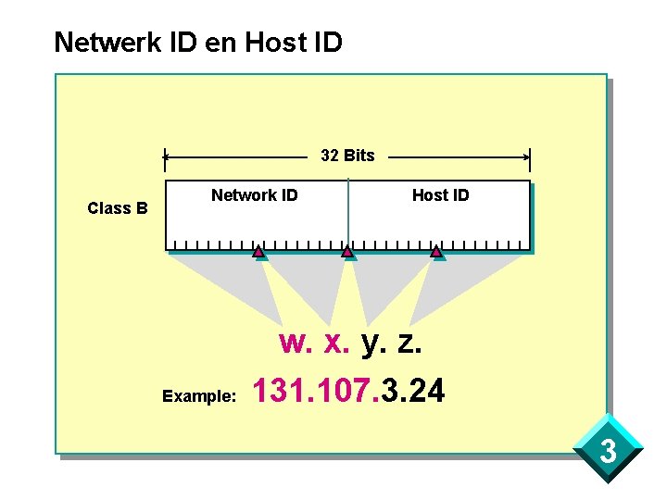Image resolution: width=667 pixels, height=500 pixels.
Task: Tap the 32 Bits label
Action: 347,156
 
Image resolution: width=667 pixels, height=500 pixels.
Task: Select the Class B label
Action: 118,208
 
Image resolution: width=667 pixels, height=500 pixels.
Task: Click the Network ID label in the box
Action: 255,195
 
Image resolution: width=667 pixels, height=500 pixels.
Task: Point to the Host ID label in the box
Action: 440,195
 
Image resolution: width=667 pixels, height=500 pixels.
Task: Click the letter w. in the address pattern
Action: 296,344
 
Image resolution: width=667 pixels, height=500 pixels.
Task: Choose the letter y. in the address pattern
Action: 373,344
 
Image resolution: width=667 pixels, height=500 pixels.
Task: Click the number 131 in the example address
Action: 281,391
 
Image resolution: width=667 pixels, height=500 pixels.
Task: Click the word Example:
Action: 199,396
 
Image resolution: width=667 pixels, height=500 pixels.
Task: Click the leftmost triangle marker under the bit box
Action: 258,251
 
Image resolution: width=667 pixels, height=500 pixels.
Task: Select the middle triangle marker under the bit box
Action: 347,251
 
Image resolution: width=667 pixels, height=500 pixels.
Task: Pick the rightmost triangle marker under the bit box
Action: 436,251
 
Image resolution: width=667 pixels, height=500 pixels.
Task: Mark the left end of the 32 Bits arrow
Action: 166,157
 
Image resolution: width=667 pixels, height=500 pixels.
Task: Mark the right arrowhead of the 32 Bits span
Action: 528,157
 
